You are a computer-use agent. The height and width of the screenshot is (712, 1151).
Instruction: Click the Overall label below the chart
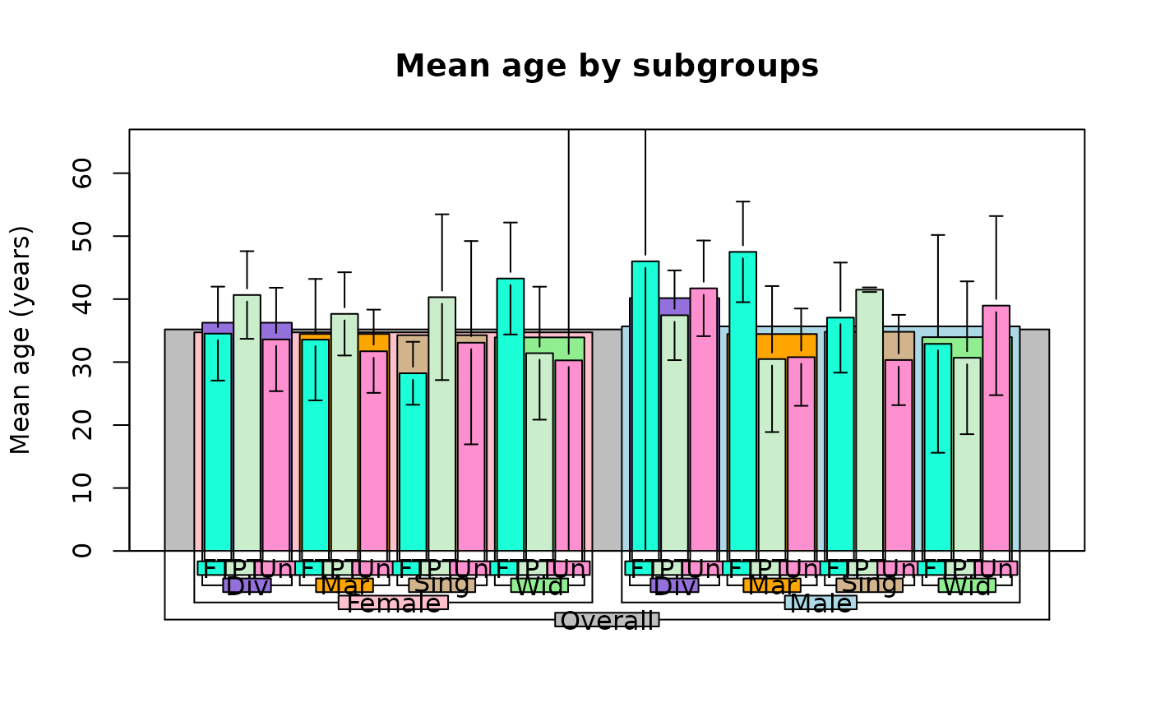607,619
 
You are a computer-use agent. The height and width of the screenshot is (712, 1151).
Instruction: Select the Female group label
393,602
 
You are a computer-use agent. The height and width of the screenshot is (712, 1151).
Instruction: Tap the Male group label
820,602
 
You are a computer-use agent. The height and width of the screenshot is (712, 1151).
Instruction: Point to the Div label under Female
247,585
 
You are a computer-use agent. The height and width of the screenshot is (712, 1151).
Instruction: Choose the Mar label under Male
772,585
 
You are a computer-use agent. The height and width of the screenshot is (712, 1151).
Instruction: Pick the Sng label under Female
441,585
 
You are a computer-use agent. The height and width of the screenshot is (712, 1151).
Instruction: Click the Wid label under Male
967,585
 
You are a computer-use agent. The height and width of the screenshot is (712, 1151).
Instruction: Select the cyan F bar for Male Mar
742,411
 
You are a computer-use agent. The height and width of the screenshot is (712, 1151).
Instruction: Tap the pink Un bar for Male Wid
996,436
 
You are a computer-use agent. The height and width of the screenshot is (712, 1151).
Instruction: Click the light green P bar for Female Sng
441,428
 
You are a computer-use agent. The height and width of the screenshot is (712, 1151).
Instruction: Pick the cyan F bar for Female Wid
510,419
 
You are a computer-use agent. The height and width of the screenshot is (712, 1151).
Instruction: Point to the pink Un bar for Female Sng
471,452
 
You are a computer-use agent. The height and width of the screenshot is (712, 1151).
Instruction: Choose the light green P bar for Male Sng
869,428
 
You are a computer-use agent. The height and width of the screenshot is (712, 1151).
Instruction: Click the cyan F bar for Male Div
645,411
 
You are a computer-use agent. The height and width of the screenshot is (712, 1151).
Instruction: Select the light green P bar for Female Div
247,428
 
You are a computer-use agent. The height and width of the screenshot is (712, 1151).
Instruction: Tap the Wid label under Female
539,585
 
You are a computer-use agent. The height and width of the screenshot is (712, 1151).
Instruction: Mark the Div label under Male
674,585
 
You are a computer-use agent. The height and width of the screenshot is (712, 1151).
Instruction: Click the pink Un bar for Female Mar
373,452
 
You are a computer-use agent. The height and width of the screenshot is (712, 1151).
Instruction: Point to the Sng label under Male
869,585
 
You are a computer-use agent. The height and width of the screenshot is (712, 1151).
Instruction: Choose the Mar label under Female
344,585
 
